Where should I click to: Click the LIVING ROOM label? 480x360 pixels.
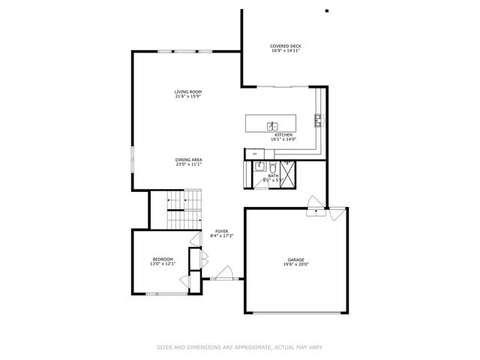click(188, 92)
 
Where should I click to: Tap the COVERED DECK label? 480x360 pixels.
click(286, 46)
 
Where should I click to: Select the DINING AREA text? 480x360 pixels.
click(189, 160)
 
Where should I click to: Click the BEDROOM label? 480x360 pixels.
click(163, 259)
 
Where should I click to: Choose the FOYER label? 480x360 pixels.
click(222, 231)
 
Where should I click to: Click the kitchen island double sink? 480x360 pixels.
click(274, 126)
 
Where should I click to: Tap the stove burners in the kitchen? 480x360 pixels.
click(318, 118)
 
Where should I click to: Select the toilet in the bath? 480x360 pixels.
click(274, 167)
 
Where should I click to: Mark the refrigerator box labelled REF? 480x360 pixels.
click(254, 154)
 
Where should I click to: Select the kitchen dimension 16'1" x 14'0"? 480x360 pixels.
click(283, 139)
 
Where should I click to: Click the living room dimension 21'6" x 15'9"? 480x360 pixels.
click(188, 97)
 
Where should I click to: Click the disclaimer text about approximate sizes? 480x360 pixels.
click(240, 346)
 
